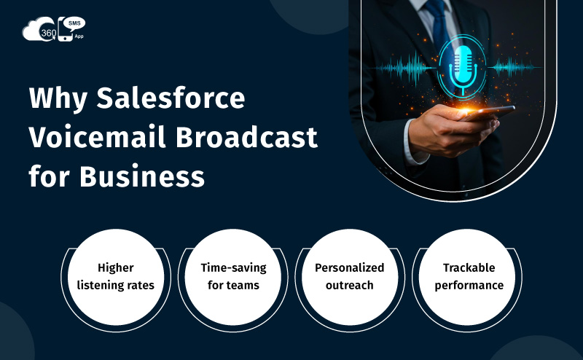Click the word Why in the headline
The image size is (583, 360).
click(55, 98)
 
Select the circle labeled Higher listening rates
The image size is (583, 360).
click(115, 276)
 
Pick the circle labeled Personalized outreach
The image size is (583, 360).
click(349, 276)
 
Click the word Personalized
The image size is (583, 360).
click(349, 267)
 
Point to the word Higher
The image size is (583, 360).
click(115, 267)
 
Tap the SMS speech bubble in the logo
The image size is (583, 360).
click(74, 24)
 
